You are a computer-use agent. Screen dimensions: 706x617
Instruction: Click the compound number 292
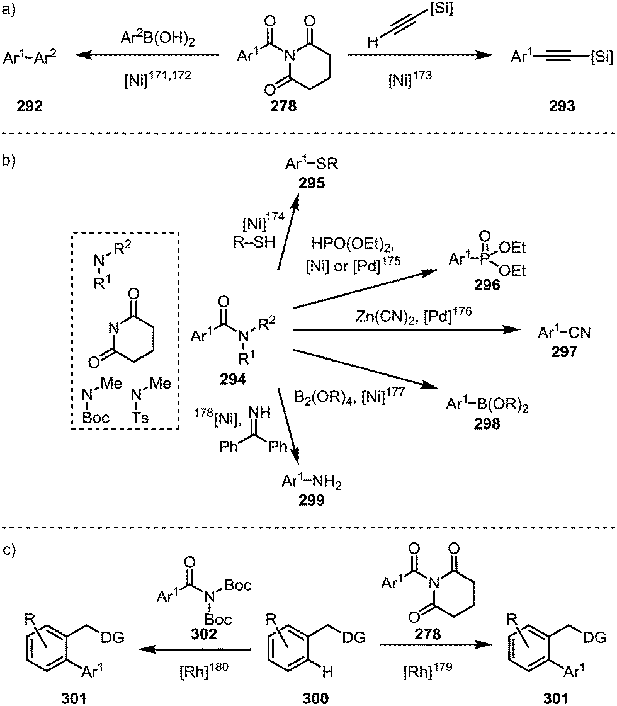point(30,107)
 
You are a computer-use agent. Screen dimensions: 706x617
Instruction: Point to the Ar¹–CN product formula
point(563,332)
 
